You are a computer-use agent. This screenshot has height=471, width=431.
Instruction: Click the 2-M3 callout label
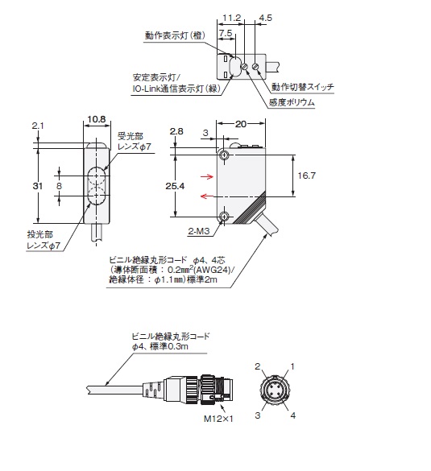200,231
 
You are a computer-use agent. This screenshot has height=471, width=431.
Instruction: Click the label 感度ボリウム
293,103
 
